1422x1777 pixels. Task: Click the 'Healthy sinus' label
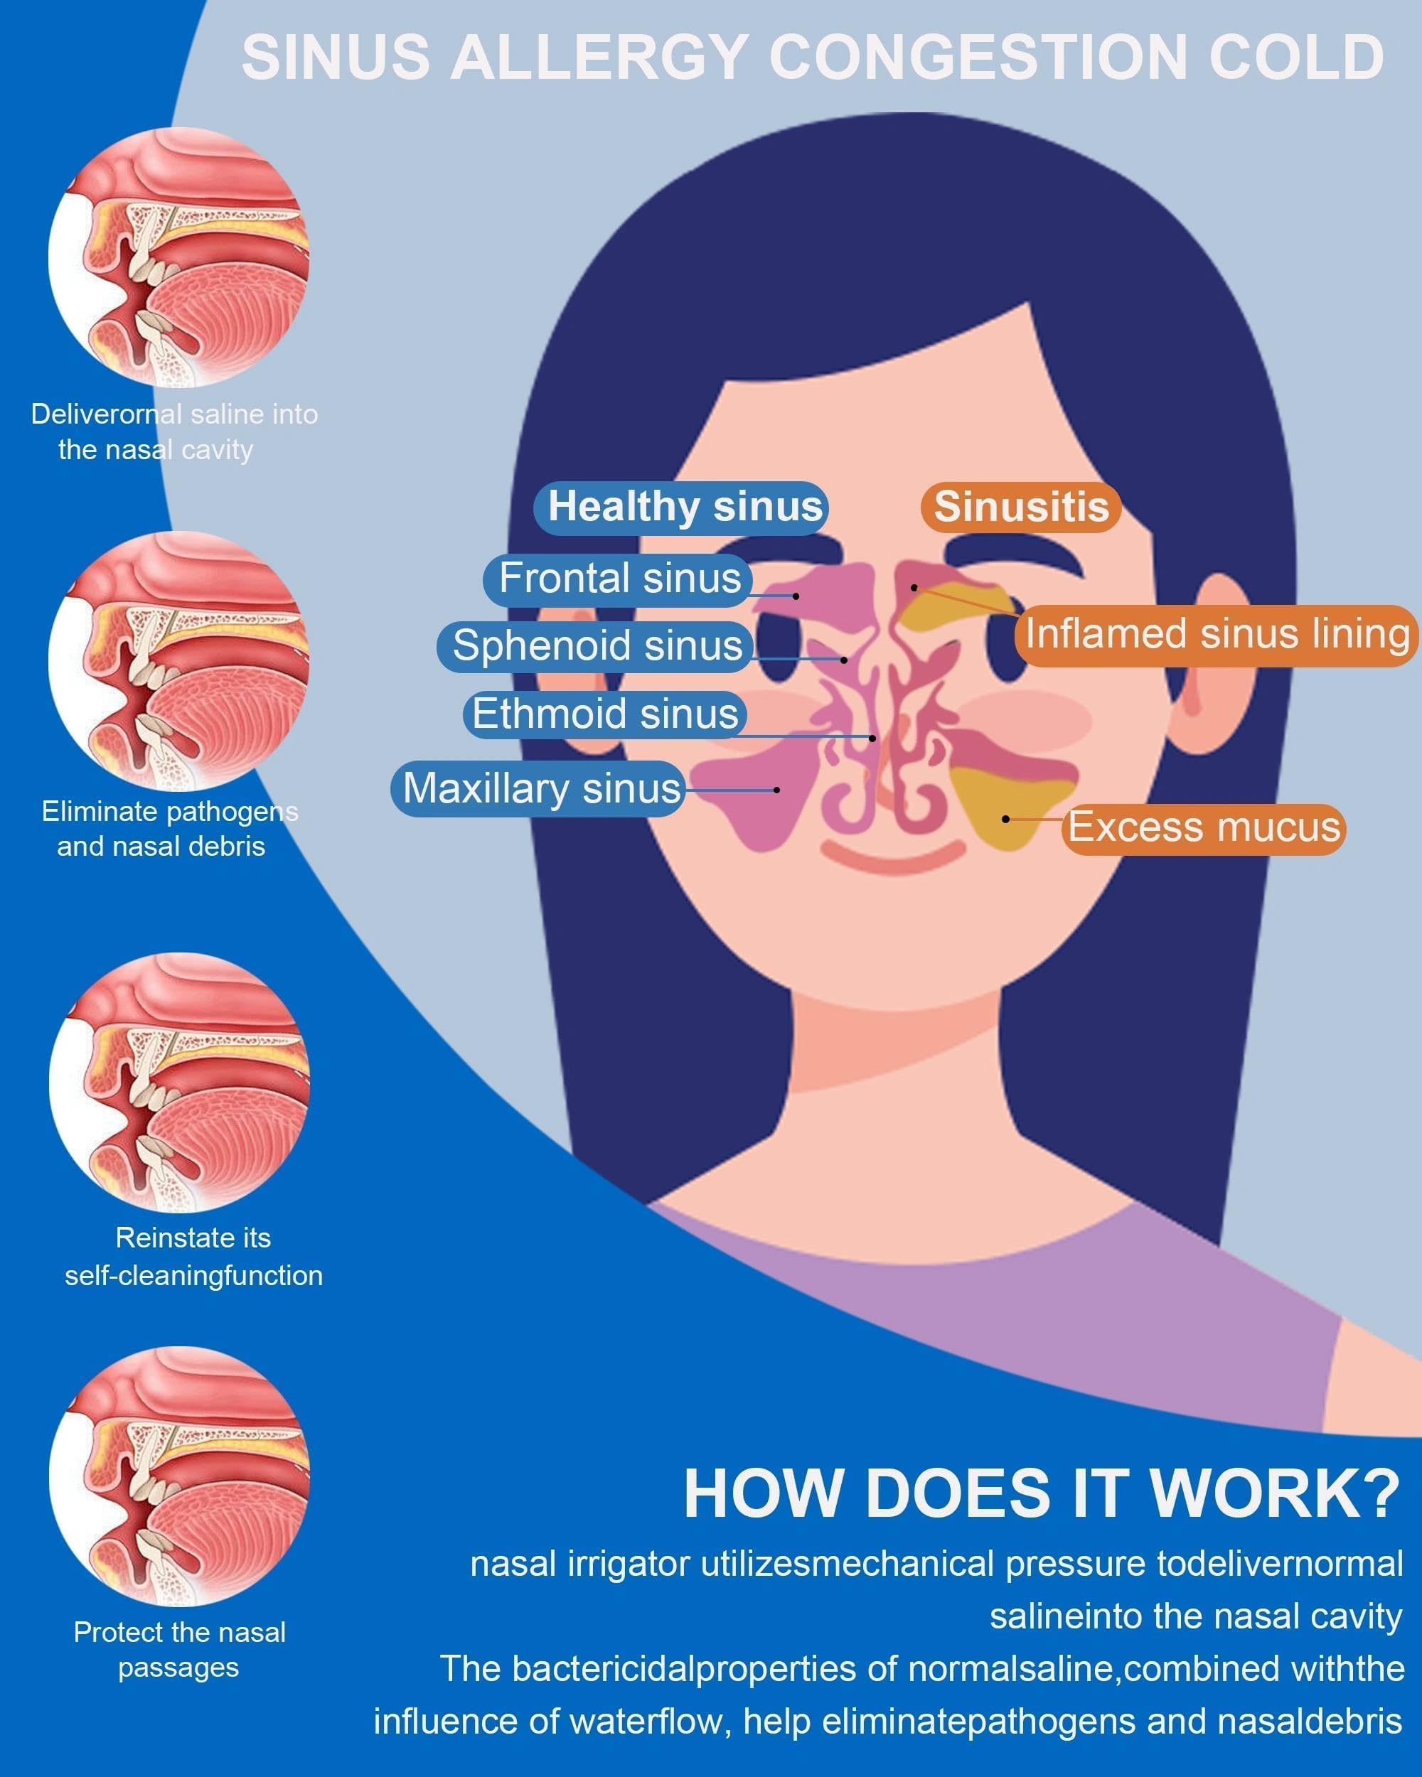pyautogui.click(x=681, y=507)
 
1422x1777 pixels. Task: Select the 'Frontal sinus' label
pyautogui.click(x=617, y=579)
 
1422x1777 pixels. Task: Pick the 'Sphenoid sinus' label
pyautogui.click(x=595, y=645)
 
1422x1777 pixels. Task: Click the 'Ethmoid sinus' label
pyautogui.click(x=604, y=714)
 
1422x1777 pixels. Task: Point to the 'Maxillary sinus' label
pyautogui.click(x=538, y=789)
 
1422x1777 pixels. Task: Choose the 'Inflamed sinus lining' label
pyautogui.click(x=1216, y=635)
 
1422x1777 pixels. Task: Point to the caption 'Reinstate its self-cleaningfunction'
pyautogui.click(x=193, y=1256)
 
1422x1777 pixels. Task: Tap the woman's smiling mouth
pyautogui.click(x=893, y=858)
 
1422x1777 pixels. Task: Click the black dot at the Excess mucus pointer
pyautogui.click(x=1005, y=818)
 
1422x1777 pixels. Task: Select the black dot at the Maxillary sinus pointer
pyautogui.click(x=776, y=790)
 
